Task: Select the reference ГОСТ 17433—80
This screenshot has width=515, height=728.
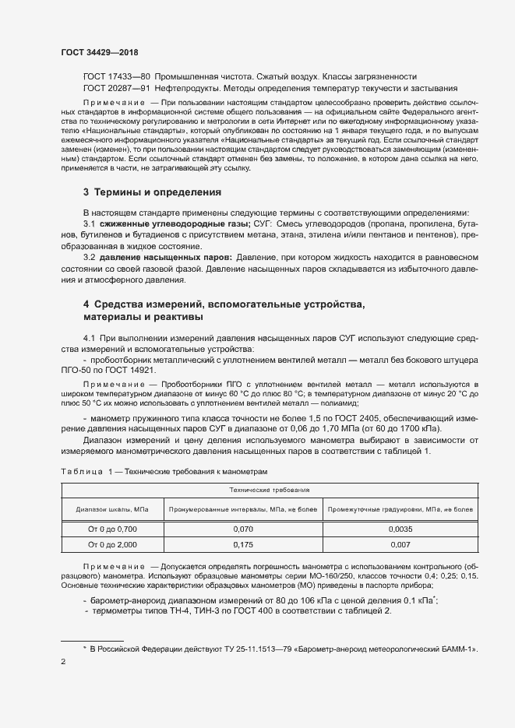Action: pos(116,77)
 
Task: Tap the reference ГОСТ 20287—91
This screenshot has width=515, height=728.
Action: pos(116,89)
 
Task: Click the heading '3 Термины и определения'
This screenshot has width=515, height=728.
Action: pos(152,192)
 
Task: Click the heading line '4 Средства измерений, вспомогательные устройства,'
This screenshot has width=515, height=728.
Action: pos(224,304)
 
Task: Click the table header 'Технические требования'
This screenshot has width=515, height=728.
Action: pos(270,491)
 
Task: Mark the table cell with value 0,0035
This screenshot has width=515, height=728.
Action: pos(411,529)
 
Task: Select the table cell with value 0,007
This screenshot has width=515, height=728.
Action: pos(411,545)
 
